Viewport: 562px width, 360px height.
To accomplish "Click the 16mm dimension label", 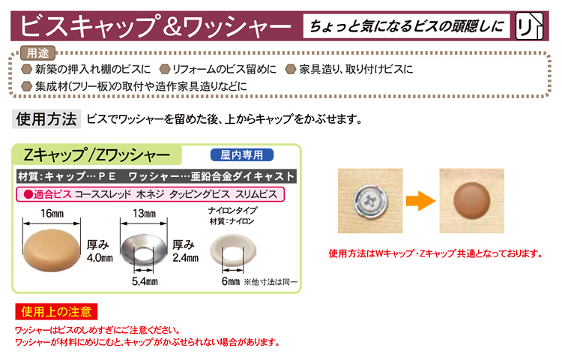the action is [x=52, y=213].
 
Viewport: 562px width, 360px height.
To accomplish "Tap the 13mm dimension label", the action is [x=144, y=213].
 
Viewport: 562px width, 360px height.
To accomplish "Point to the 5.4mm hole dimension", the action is [x=145, y=281].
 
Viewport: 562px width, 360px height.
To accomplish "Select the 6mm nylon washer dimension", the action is [x=231, y=281].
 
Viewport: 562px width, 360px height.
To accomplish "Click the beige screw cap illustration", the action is [x=52, y=250].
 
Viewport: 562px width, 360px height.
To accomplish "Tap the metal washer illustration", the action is [x=144, y=250].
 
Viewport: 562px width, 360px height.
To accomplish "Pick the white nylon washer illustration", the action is [x=233, y=250].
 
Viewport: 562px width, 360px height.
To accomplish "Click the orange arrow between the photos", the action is [x=421, y=201].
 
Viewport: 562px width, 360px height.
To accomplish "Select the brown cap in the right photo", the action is [x=471, y=200].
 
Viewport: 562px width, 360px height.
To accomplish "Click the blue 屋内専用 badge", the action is [x=242, y=155].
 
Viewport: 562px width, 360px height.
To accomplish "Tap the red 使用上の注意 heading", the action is [x=56, y=311].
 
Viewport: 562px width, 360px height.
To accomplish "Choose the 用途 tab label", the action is [x=37, y=53].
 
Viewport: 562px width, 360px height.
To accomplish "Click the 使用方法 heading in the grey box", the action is [x=46, y=119].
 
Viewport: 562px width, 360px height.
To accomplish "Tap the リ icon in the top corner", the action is [x=529, y=25].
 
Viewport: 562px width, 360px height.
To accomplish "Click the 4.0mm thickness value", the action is [x=100, y=258].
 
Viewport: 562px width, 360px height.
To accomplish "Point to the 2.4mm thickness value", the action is [x=185, y=258].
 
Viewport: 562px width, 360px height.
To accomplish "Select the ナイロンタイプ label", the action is [x=232, y=211].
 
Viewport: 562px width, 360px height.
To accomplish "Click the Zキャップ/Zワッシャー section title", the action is [x=97, y=155].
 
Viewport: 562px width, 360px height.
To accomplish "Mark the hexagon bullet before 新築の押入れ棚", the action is [x=27, y=69].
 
